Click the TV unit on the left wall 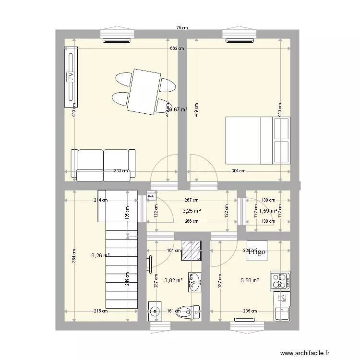point(71,77)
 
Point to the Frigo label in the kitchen point(257,252)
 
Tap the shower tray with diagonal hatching point(191,249)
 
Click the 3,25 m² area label point(192,210)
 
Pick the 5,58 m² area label point(250,280)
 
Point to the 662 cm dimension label point(177,48)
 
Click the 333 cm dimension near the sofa point(121,170)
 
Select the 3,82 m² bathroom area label point(173,280)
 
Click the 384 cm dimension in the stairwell point(74,255)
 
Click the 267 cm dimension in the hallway point(192,200)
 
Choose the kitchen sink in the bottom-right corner point(281,313)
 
